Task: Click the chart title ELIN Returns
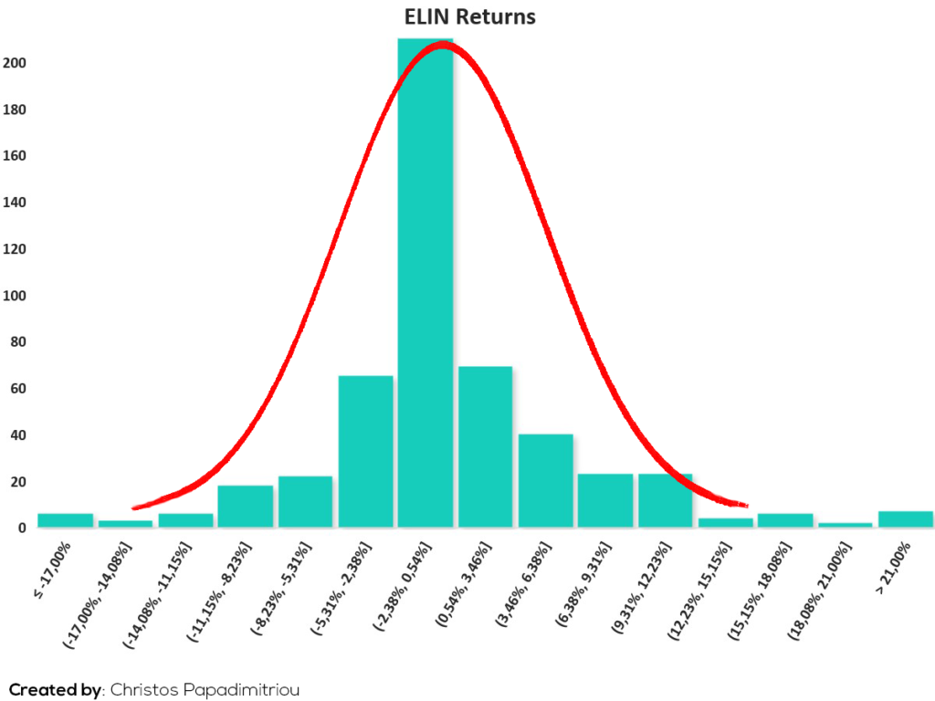(x=470, y=16)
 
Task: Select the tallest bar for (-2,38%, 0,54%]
(x=425, y=283)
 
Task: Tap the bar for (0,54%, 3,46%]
(x=486, y=447)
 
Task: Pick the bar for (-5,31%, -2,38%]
(x=365, y=452)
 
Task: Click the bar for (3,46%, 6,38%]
(x=546, y=481)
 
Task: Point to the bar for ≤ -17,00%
(x=66, y=520)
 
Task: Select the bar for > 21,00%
(x=906, y=519)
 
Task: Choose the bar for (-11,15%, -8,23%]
(x=245, y=507)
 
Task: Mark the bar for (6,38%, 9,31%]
(x=605, y=501)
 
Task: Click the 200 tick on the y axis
(x=15, y=63)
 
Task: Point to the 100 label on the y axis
(x=15, y=296)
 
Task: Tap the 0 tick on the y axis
(x=22, y=528)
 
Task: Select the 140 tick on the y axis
(x=15, y=203)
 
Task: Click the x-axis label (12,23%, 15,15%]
(x=699, y=591)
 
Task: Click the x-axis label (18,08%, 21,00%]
(x=819, y=591)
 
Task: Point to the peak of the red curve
(x=442, y=46)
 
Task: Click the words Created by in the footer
(x=55, y=690)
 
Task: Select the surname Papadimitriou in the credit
(x=241, y=690)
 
